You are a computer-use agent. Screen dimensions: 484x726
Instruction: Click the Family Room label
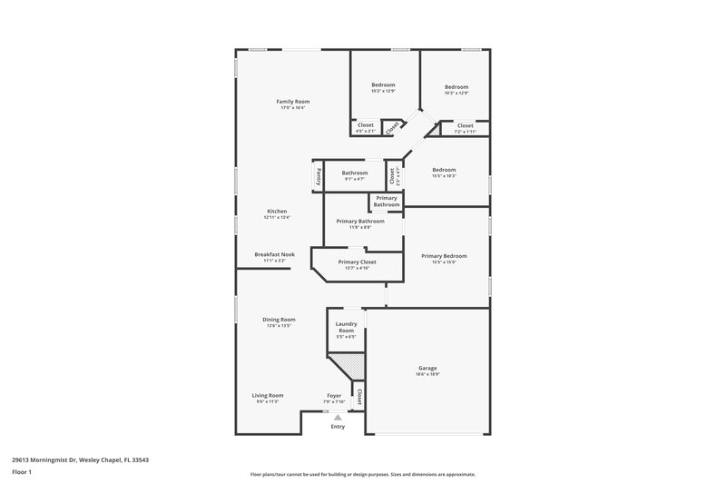[x=293, y=101]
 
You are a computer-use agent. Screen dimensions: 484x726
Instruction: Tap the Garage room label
[x=427, y=368]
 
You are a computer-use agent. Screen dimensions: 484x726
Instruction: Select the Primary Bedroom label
[x=444, y=256]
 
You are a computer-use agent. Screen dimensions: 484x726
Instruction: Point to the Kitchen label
[x=276, y=211]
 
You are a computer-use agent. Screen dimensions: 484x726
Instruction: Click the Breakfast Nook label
[x=274, y=254]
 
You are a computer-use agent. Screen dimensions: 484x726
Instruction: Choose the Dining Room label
[x=279, y=319]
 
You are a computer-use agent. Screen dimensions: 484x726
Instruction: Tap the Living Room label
[x=268, y=395]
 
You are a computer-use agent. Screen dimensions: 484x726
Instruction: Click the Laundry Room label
[x=346, y=327]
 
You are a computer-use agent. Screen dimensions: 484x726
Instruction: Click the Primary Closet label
[x=357, y=262]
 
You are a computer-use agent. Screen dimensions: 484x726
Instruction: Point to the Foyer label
[x=334, y=396]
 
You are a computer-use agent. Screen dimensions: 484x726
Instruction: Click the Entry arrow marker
[x=338, y=418]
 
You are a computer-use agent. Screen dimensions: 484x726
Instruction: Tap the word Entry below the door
[x=338, y=427]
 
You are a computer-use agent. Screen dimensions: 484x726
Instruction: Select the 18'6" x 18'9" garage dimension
[x=427, y=374]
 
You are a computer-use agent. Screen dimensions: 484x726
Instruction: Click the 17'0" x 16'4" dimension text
[x=293, y=108]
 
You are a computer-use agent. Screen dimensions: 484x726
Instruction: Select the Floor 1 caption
[x=23, y=473]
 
